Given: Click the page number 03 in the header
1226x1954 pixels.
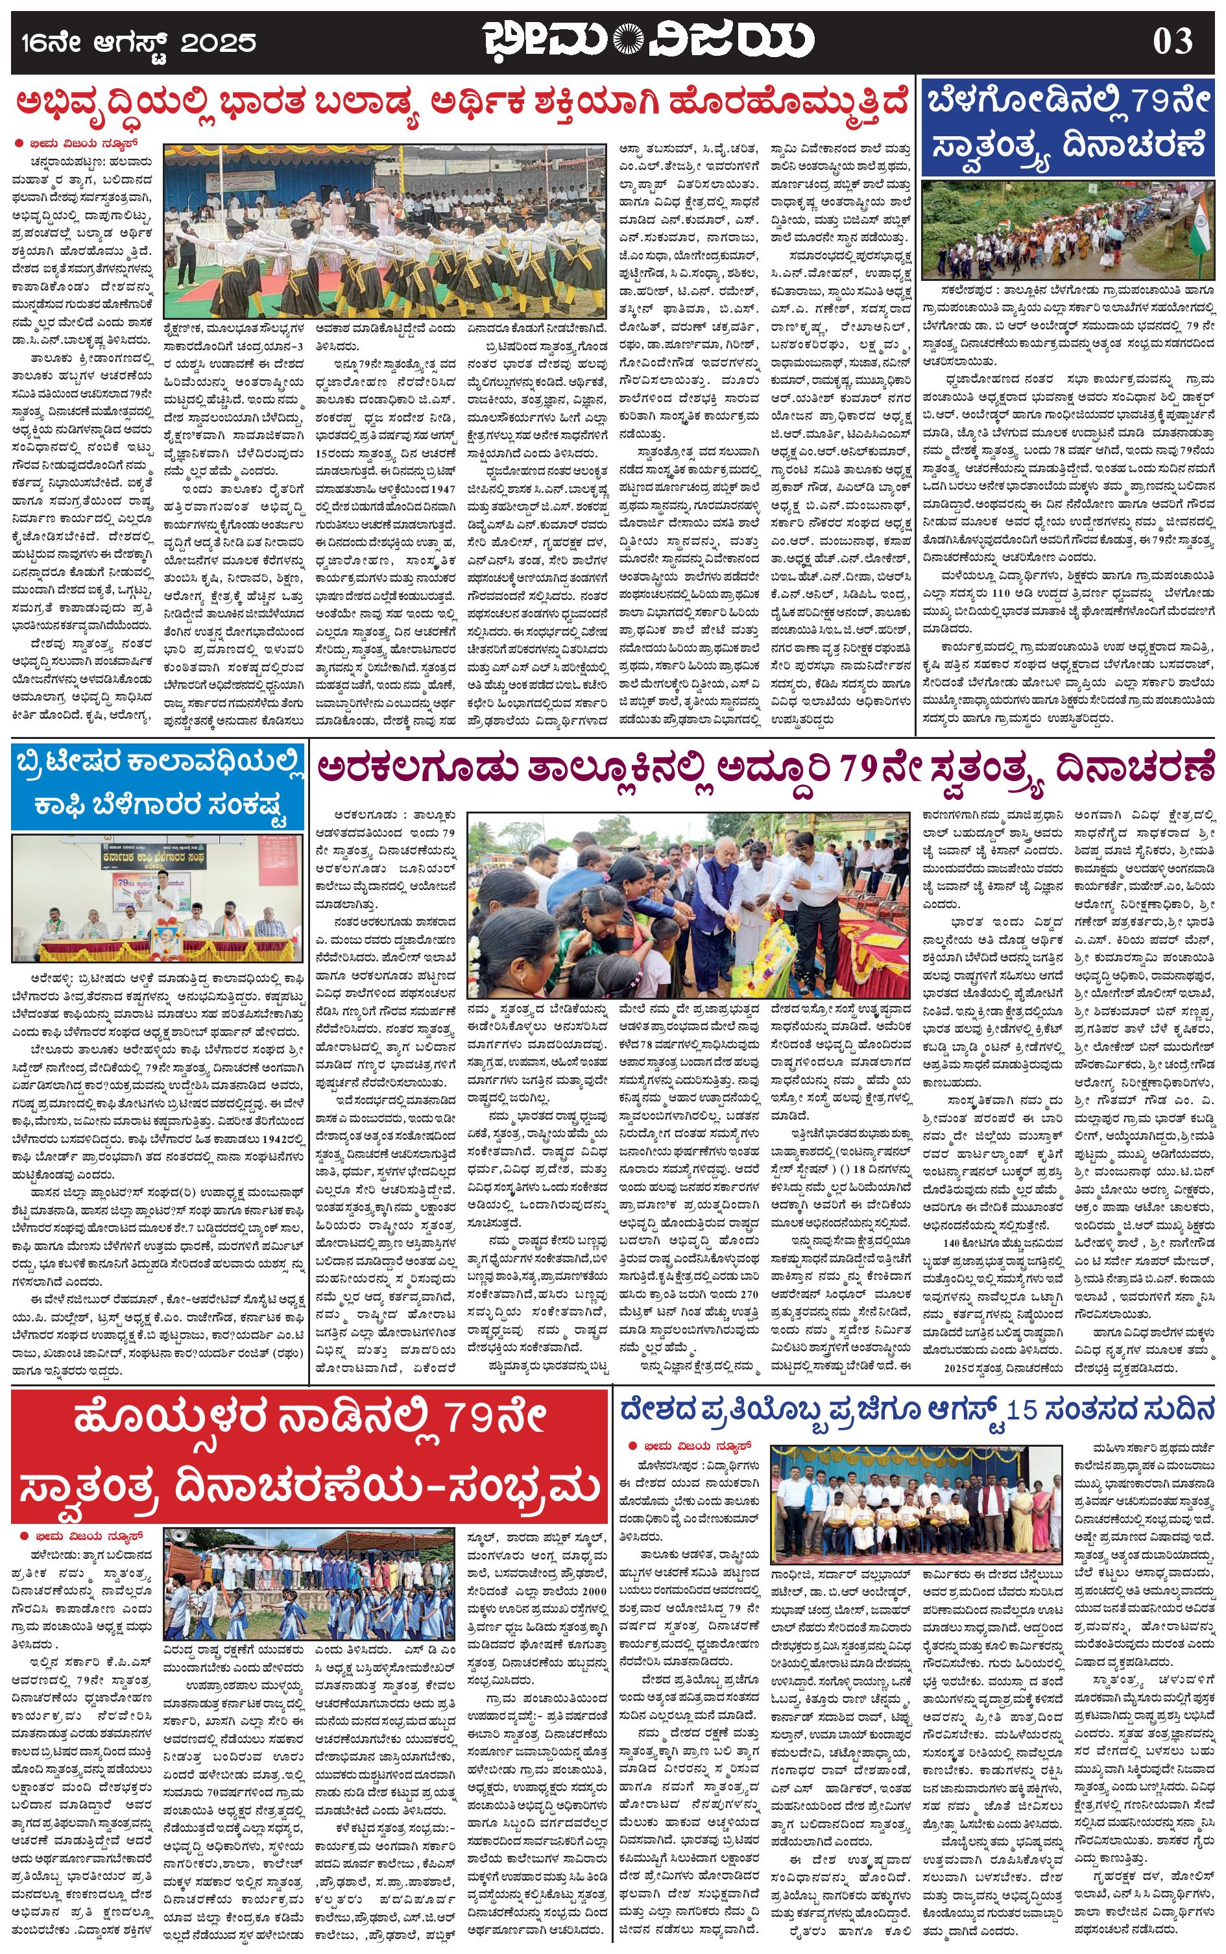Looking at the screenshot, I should click(x=1173, y=40).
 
